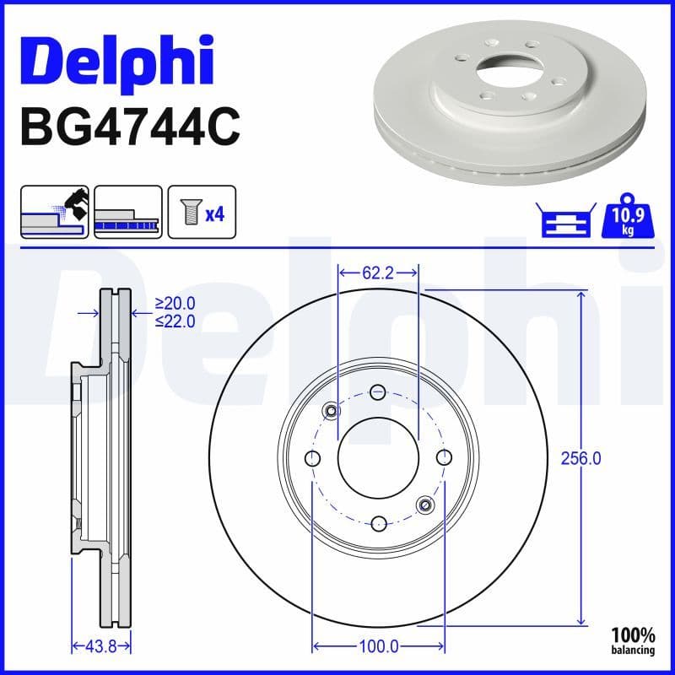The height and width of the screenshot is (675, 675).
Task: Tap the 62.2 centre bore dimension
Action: (x=378, y=273)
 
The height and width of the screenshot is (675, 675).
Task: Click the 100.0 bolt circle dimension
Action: (x=379, y=646)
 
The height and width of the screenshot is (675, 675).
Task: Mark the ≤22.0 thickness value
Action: (x=175, y=321)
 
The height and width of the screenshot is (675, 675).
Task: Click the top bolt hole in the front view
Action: (x=378, y=391)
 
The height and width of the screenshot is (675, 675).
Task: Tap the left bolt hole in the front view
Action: (x=312, y=458)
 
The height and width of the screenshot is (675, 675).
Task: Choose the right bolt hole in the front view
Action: (x=445, y=458)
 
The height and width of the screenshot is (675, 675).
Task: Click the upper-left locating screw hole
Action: (x=331, y=411)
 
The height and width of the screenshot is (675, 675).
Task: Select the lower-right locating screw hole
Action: (x=425, y=505)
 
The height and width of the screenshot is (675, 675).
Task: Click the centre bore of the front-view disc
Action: (x=378, y=458)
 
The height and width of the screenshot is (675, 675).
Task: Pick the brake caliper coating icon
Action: (x=55, y=211)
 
